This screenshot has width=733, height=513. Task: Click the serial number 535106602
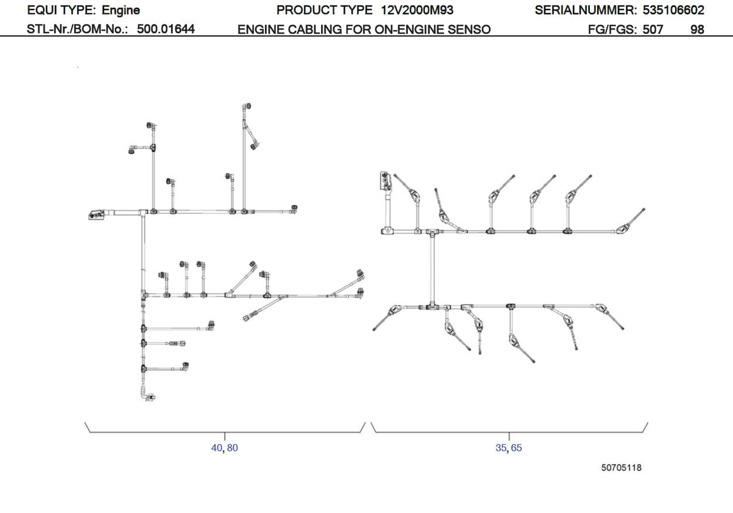point(673,10)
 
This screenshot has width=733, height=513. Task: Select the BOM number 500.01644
point(166,29)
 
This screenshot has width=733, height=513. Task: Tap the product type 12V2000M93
point(417,10)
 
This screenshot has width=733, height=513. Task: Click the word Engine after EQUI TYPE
point(121,10)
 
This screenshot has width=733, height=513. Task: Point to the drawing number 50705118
point(621,468)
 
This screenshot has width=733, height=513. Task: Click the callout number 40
point(216,448)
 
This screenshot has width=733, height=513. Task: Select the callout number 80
point(232,448)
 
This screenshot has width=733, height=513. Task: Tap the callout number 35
point(501,448)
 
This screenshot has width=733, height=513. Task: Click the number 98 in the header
point(697,29)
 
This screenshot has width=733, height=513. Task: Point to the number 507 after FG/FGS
point(653,29)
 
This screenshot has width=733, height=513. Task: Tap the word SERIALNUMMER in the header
point(585,10)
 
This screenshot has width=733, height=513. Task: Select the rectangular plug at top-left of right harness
point(385,181)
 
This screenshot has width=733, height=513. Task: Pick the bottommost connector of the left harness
point(149,397)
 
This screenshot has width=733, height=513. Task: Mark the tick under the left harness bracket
point(225,436)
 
